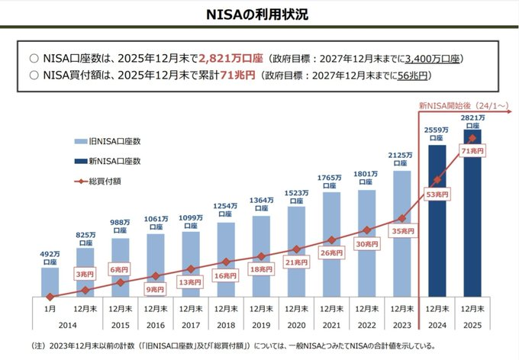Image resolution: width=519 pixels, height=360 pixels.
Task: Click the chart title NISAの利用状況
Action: (x=257, y=14)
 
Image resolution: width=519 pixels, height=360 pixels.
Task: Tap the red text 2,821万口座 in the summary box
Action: (x=230, y=59)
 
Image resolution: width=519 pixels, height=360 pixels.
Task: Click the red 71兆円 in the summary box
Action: (x=237, y=76)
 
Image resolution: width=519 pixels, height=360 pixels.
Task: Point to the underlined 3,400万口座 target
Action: (x=432, y=59)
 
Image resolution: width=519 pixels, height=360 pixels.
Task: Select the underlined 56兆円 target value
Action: (x=413, y=76)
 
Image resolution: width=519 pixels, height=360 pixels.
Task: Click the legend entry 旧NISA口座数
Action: (x=108, y=141)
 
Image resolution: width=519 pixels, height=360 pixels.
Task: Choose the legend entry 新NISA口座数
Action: (x=108, y=161)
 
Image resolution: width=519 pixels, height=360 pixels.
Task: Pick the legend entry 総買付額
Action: (x=98, y=182)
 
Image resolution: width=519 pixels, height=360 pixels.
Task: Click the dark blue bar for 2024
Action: (x=437, y=220)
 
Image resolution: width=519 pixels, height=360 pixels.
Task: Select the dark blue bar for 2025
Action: (x=472, y=213)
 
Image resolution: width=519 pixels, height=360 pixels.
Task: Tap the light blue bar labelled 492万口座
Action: (x=50, y=282)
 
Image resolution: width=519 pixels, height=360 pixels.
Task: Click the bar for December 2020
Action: (x=296, y=252)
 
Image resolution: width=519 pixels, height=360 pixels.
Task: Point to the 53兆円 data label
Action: (x=437, y=194)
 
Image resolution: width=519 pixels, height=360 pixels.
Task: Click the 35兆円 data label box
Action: (x=403, y=231)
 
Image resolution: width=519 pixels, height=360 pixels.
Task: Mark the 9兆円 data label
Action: (x=155, y=290)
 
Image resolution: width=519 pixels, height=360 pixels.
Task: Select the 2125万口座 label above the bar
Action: (x=401, y=159)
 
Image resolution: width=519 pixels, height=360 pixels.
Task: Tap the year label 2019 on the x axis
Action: (x=261, y=325)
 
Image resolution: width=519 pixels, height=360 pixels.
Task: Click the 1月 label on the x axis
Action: (x=50, y=309)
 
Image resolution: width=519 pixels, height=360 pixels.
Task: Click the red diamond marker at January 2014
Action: (x=50, y=297)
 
